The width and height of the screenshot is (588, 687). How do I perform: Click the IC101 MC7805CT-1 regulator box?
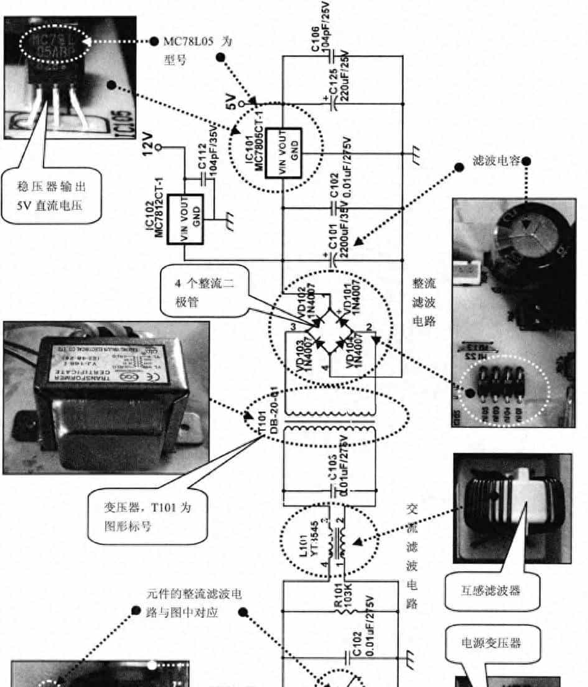[284, 153]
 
